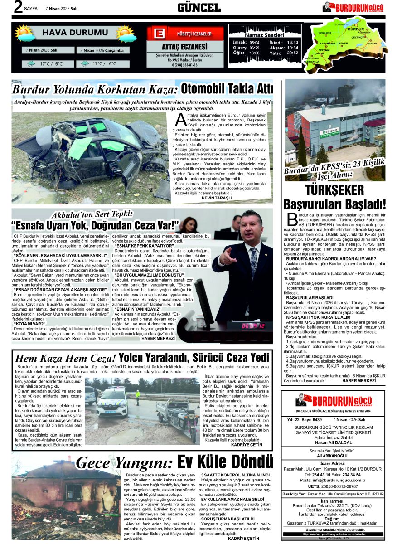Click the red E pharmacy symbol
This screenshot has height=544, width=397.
pos(158,34)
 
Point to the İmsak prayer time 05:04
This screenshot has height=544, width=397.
pos(254,42)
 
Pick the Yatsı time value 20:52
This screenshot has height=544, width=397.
pos(293,53)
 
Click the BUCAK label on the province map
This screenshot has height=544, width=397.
pos(373,43)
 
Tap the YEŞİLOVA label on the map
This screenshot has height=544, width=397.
pos(325,33)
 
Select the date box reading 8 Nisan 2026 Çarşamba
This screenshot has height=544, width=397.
pos(102,50)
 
